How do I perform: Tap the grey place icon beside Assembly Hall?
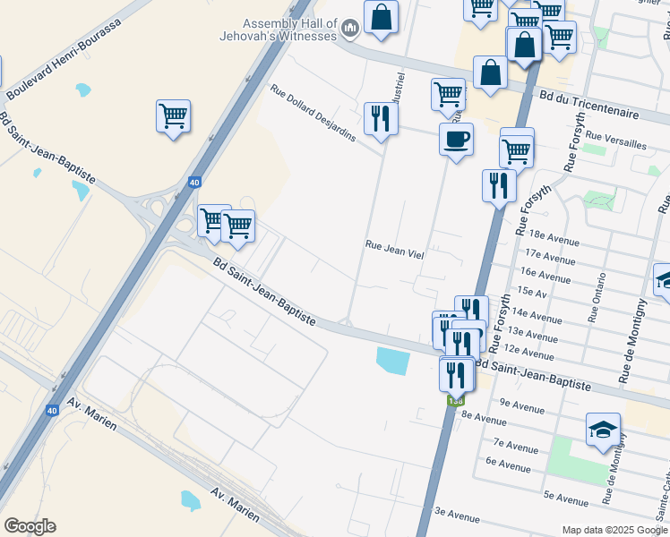coord(350,30)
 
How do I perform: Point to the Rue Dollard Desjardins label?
coord(313,113)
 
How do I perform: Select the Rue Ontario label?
coord(598,297)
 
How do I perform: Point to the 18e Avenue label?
coord(554,238)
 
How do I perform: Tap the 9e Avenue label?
coord(522,403)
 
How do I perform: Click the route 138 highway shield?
coord(456,400)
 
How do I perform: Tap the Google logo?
coord(30,526)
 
